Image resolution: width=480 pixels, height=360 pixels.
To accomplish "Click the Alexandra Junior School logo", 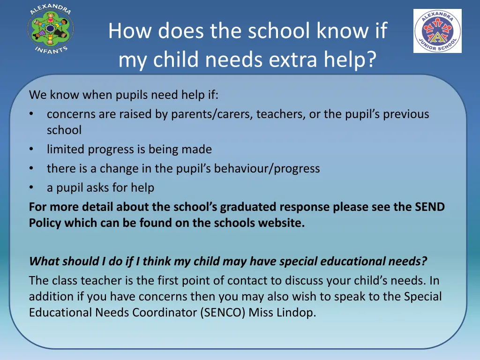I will (x=437, y=31).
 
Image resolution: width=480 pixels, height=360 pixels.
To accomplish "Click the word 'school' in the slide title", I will (x=280, y=31).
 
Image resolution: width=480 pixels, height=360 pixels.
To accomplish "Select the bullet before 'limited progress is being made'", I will (x=31, y=150).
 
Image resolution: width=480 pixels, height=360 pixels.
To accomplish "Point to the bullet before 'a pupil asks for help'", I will (x=31, y=188).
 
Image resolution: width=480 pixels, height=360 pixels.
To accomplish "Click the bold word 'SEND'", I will (x=430, y=207).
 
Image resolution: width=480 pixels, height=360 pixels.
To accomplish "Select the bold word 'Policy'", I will (x=45, y=223).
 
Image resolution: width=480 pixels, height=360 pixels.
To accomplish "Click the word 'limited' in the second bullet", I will (x=64, y=150).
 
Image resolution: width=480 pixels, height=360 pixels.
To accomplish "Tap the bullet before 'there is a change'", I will (x=31, y=169).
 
